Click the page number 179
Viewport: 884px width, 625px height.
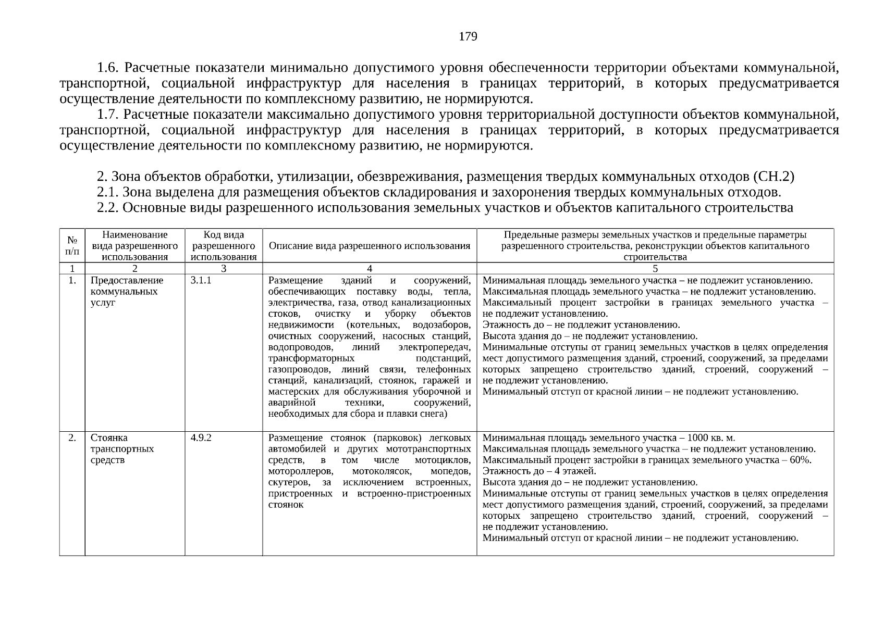tap(468, 36)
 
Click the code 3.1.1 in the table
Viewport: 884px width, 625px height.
tap(201, 280)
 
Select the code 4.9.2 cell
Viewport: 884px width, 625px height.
tap(201, 438)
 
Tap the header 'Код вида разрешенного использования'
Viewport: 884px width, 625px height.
tap(223, 245)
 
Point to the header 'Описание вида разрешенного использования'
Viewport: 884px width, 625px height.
tap(369, 246)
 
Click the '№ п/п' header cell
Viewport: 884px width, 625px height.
tap(72, 246)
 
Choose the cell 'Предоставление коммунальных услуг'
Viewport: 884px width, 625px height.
tap(127, 291)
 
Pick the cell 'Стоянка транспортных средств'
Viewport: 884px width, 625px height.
tap(122, 448)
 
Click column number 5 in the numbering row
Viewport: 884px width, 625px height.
tap(655, 269)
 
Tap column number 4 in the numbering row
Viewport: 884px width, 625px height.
tap(370, 269)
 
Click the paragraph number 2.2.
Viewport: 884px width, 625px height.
tap(108, 208)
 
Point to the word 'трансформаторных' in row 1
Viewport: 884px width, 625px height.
tap(311, 358)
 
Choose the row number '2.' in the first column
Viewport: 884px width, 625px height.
tap(73, 438)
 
